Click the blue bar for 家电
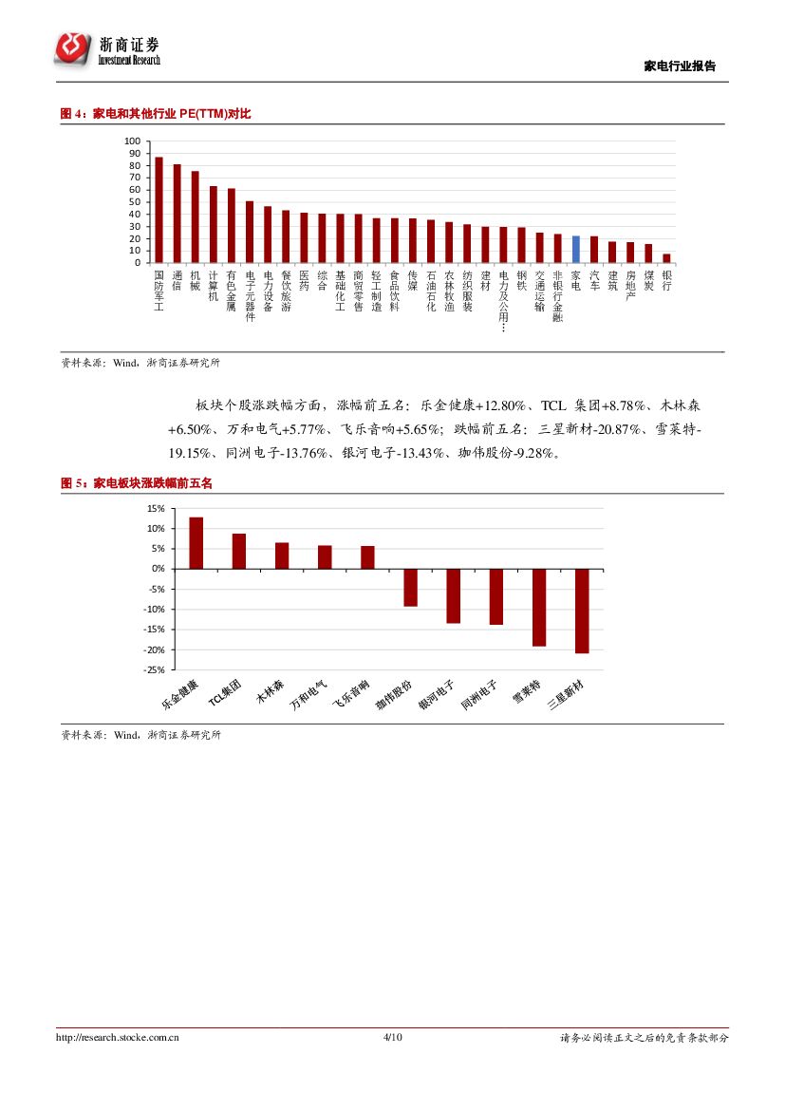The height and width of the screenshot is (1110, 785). [x=576, y=250]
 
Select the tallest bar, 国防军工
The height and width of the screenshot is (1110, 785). [x=159, y=210]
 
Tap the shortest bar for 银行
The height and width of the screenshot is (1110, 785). [x=666, y=258]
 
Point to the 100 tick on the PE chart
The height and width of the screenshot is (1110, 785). [x=132, y=141]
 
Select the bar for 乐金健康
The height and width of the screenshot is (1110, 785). [x=196, y=543]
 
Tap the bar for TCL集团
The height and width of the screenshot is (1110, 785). [x=239, y=551]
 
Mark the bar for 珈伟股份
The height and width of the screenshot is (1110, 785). [x=410, y=587]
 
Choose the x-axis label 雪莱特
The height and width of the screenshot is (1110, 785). [x=527, y=695]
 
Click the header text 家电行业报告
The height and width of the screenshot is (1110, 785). [x=680, y=66]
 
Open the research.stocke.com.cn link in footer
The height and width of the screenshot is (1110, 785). [x=119, y=1038]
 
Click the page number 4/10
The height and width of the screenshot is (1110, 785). [x=392, y=1038]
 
